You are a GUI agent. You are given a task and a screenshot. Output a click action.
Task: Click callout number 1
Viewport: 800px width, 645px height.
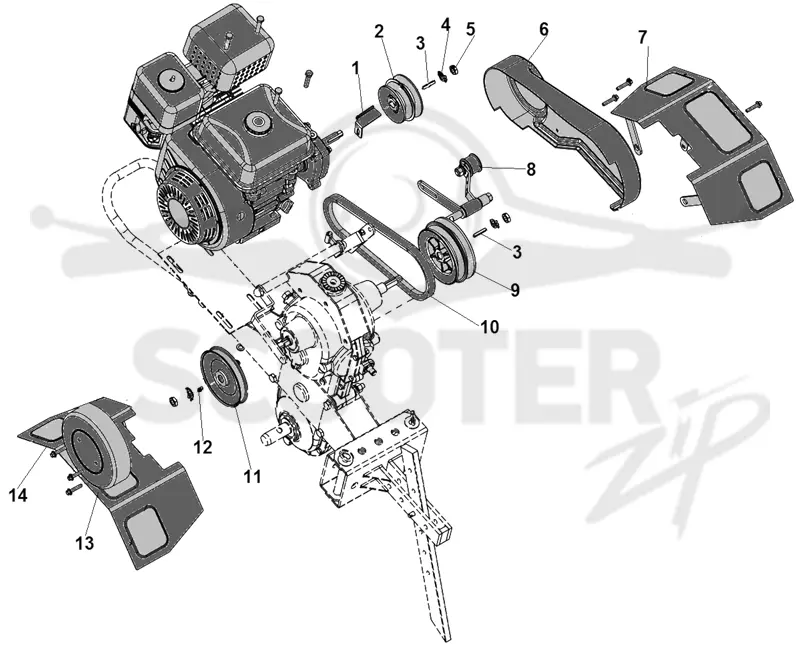pos(355,67)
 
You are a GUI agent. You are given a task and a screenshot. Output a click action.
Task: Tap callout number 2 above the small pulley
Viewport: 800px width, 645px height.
pos(379,32)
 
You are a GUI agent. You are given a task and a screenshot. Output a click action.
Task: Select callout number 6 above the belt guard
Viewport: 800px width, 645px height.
pos(544,30)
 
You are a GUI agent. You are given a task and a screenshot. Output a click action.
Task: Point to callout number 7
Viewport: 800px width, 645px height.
pos(642,37)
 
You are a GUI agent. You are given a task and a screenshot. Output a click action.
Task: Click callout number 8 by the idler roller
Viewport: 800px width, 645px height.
pos(531,169)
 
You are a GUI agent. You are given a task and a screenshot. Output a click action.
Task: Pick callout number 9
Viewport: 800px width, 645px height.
pos(515,290)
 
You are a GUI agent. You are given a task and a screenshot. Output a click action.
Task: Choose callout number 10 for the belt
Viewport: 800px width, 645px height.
pos(490,327)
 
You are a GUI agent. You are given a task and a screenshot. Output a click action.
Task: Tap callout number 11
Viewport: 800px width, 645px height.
pos(252,477)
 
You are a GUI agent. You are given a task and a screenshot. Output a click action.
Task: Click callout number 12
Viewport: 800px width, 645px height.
pos(203,447)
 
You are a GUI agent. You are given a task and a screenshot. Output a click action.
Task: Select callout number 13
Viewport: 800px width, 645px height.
pos(85,543)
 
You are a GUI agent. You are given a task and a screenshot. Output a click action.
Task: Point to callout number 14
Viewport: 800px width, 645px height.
pos(18,495)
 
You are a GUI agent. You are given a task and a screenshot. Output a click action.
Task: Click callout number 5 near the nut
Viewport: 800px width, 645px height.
pos(470,29)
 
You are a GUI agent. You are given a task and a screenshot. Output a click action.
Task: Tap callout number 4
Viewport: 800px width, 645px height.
pos(446,24)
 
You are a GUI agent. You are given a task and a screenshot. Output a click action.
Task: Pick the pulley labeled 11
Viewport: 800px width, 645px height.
pos(223,377)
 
